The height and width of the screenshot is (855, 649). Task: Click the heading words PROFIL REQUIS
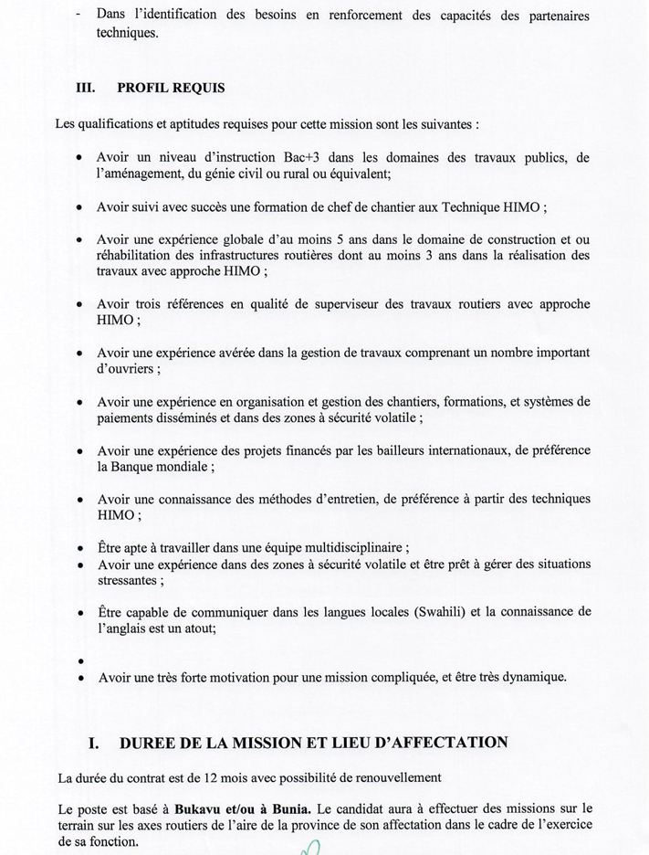tap(171, 88)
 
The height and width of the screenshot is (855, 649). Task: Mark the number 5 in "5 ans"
tap(337, 239)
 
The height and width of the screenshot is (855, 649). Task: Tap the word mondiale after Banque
tap(185, 465)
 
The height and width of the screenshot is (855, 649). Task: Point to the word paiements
tap(126, 417)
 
